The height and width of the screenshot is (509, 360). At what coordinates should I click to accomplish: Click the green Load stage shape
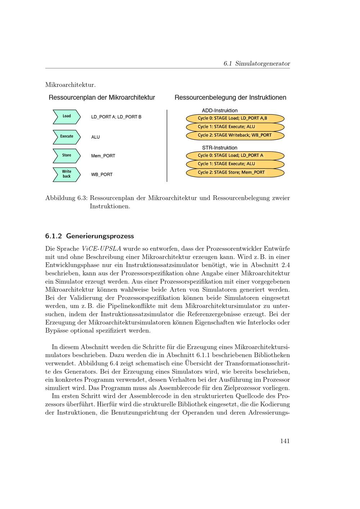[67, 116]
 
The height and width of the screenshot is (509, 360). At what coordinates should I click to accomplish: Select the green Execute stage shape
[67, 136]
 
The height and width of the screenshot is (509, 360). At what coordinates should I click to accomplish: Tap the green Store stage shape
[67, 156]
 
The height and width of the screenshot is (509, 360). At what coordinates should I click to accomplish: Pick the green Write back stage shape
[67, 174]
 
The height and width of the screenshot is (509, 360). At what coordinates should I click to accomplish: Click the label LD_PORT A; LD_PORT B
[116, 117]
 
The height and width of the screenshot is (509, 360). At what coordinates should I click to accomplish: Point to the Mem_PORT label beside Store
[103, 156]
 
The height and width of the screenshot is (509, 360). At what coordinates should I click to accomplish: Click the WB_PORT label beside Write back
[102, 175]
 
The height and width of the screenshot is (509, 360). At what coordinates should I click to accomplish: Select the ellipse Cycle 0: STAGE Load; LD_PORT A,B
[235, 118]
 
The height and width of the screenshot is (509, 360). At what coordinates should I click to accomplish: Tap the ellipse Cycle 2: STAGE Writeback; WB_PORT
[235, 135]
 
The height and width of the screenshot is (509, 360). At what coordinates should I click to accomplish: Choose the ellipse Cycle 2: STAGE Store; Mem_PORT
[235, 172]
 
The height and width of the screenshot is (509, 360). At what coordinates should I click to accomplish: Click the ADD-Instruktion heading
[220, 111]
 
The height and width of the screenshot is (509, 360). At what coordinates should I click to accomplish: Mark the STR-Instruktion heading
[220, 148]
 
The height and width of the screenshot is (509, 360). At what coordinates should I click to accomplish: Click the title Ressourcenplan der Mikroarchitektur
[102, 98]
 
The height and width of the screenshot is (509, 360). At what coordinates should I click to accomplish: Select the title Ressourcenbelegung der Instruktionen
[230, 98]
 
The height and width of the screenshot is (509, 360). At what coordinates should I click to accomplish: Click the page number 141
[285, 441]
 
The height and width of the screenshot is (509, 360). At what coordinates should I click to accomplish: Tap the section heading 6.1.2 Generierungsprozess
[89, 236]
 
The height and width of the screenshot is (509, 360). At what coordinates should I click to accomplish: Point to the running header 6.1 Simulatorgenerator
[256, 64]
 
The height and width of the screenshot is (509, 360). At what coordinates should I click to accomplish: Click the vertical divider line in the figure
[167, 146]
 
